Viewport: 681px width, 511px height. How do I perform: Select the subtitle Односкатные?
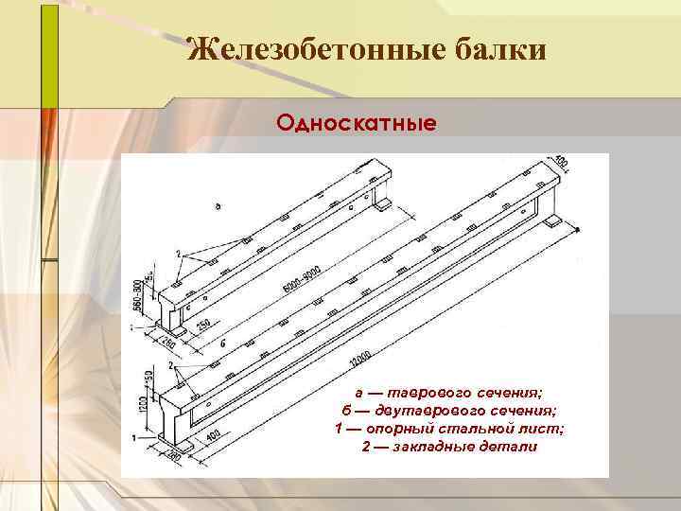pos(356,124)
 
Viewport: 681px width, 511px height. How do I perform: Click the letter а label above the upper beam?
pos(218,205)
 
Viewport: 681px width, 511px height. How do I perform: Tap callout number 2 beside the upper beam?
pos(178,255)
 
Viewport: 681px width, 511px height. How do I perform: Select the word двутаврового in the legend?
pos(426,410)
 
